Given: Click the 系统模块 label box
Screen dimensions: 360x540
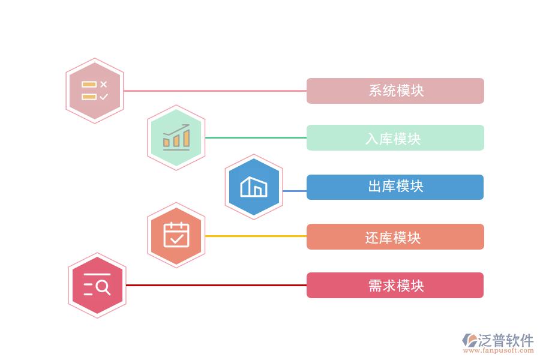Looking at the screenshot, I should pos(395,91).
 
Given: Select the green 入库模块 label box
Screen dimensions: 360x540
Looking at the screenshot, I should pos(395,138).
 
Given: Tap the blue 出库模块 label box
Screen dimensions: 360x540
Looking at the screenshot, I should pos(395,187).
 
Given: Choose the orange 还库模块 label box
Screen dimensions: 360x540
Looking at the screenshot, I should pos(395,237).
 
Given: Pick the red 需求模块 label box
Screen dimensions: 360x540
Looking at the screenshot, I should pos(395,286).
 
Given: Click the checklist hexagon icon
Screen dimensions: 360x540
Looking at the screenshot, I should pos(95,91).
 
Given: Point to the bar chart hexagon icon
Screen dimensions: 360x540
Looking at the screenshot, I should pos(176,138).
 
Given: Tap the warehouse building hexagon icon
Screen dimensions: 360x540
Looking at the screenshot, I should pos(254,187).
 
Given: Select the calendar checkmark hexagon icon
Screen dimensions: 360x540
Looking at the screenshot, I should pos(176,235).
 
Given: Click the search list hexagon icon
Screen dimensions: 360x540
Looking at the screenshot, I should pos(97,285).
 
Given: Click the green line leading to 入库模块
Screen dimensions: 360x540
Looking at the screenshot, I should pos(256,137).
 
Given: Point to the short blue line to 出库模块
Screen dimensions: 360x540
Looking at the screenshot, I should pos(295,191).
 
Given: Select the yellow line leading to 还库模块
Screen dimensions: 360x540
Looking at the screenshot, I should pos(256,236).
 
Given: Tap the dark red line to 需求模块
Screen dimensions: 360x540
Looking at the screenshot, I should pos(216,286).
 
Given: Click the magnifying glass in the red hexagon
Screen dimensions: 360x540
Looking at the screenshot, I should pos(103,288).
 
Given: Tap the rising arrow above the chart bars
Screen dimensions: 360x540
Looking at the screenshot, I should pos(176,130).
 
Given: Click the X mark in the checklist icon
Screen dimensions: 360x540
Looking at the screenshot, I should pos(104,85).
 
